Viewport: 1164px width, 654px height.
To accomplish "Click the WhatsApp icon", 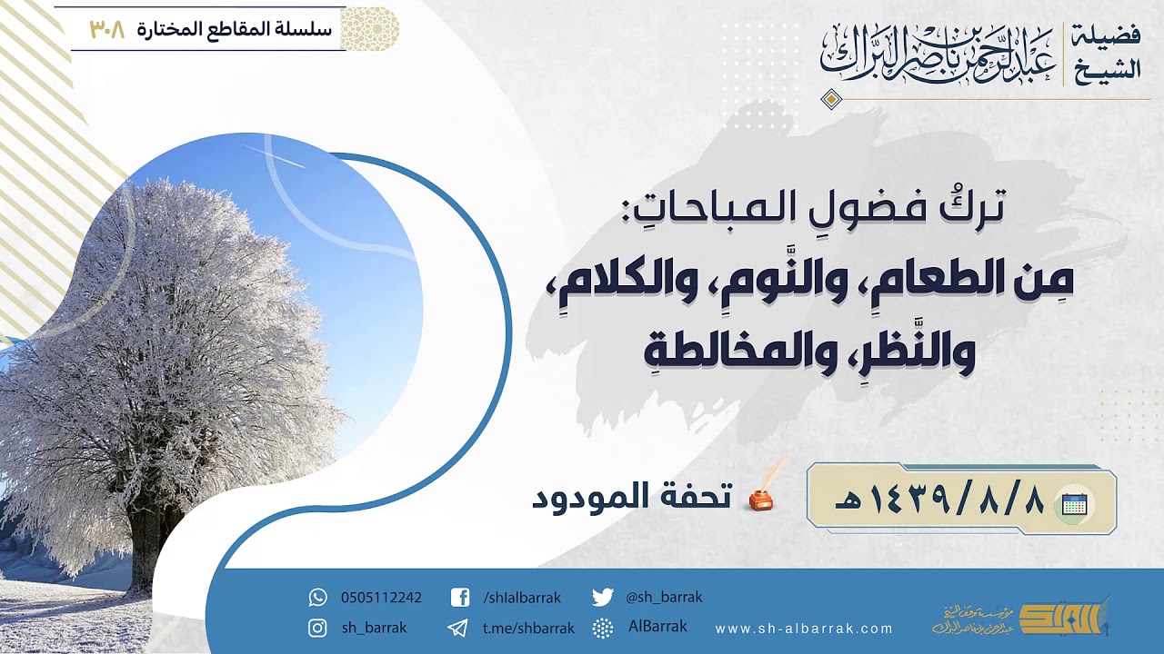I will (x=317, y=598).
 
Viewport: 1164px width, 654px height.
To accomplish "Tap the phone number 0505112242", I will (x=381, y=598).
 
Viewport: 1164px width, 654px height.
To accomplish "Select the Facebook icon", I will (x=460, y=598).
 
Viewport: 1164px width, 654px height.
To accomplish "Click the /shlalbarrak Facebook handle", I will (x=522, y=598).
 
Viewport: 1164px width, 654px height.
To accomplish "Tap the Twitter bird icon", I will (x=602, y=598).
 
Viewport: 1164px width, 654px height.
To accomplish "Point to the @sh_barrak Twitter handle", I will (x=664, y=598).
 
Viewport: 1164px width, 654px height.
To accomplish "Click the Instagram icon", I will (x=317, y=628).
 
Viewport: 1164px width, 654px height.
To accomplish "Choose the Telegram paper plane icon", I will (x=458, y=628).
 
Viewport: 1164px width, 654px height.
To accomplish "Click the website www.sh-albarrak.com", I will (x=804, y=629).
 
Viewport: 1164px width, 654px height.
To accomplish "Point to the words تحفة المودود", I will (x=632, y=497).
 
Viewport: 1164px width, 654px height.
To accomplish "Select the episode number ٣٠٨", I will (x=106, y=28).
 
